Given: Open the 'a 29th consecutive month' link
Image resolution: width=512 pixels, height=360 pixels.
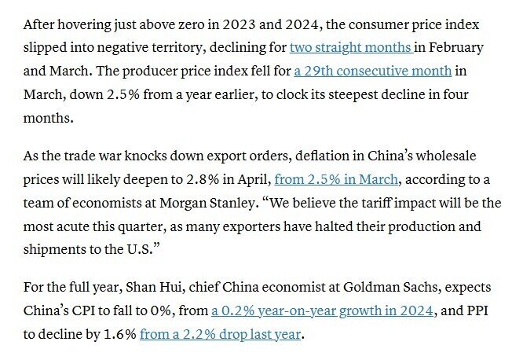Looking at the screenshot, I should [372, 72].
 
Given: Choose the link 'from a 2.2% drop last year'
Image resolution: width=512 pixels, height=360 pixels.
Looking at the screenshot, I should [220, 334].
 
